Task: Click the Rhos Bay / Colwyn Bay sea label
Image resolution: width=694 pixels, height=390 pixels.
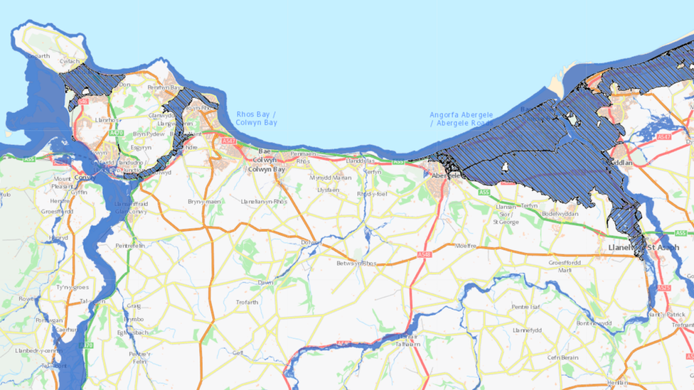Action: [x=256, y=119]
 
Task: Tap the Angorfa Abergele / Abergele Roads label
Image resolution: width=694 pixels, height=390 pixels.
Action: [x=461, y=119]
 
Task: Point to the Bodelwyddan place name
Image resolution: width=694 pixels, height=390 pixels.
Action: [x=562, y=214]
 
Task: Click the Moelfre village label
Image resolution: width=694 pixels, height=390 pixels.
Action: [x=465, y=247]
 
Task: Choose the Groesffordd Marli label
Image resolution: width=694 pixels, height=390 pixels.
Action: [x=565, y=266]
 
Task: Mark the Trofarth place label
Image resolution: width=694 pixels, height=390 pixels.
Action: [x=247, y=303]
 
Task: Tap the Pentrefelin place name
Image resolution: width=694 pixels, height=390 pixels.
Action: [x=131, y=245]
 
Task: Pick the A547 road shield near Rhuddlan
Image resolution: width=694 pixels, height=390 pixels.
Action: [x=664, y=136]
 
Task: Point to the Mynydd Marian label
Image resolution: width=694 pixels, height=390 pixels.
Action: [x=331, y=178]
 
